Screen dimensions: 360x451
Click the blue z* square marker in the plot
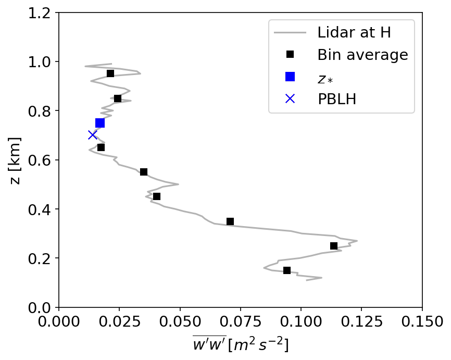tap(100, 123)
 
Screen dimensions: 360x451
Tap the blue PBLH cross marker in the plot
tap(92, 135)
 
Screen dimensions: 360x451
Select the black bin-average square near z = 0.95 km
tap(110, 73)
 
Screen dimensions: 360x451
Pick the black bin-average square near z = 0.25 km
tap(334, 246)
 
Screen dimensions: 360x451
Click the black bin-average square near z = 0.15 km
tap(287, 270)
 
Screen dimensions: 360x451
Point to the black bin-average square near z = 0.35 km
tap(230, 221)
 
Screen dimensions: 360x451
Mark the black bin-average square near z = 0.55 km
tap(144, 172)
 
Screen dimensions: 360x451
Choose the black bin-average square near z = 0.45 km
tap(157, 196)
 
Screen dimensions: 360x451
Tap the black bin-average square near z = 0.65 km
tap(101, 147)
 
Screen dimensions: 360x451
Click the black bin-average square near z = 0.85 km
tap(118, 98)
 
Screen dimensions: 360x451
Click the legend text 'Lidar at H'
tap(354, 33)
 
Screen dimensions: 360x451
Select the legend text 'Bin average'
tap(362, 55)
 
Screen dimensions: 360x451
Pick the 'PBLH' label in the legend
tap(337, 99)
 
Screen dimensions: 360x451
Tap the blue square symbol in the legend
tap(290, 77)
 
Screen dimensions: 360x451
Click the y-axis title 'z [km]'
tap(16, 160)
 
